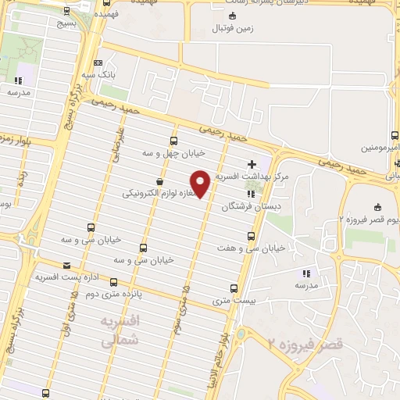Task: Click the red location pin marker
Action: tap(200, 183)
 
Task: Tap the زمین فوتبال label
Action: tap(231, 28)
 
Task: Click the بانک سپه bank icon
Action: tap(97, 63)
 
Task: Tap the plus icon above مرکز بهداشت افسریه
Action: tap(251, 164)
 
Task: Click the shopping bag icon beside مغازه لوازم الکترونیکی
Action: tap(160, 181)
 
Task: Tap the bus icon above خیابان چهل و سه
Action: tap(173, 141)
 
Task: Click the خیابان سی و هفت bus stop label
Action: tap(251, 248)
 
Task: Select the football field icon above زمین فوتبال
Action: tap(231, 16)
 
